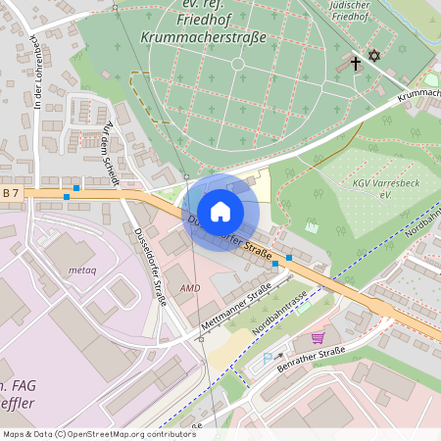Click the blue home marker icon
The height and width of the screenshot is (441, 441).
pos(220,212)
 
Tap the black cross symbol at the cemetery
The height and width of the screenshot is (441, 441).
pos(356,62)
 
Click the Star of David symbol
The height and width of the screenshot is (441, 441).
pos(373,56)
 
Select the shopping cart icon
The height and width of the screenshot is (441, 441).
pos(318,338)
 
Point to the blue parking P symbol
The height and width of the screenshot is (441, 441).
pos(269,360)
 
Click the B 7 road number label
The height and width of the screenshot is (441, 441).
pos(11,194)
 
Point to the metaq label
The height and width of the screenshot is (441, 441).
pos(81,269)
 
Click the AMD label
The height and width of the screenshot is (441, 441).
pos(189,289)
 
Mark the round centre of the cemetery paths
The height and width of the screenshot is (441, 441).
pos(237,64)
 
